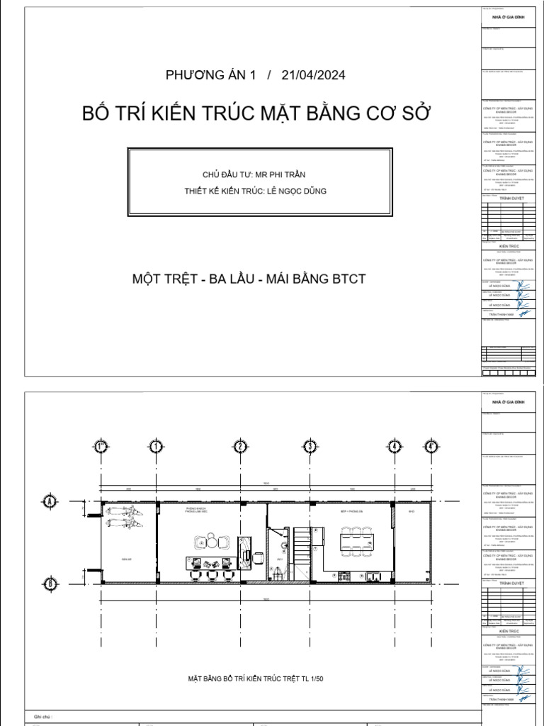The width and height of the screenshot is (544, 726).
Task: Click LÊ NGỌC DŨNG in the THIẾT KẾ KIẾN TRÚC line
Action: pos(297,189)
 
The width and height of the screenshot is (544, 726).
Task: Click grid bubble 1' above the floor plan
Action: pos(101,447)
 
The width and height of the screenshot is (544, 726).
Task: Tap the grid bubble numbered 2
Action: pos(241,447)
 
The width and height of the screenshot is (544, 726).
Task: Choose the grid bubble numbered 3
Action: pos(310,447)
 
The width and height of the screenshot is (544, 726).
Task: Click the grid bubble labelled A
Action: pos(50,501)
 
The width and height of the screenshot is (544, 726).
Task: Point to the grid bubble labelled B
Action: pos(50,583)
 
